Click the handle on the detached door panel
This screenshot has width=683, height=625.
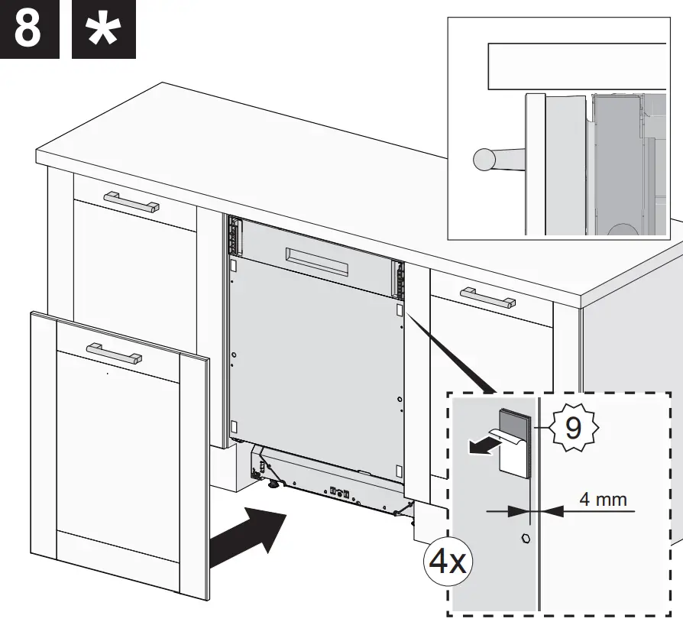pyautogui.click(x=114, y=353)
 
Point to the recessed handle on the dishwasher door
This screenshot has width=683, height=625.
pyautogui.click(x=316, y=262)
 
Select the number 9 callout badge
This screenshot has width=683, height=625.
pyautogui.click(x=572, y=427)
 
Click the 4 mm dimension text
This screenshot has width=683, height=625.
pyautogui.click(x=603, y=500)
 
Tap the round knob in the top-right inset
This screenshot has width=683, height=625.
pyautogui.click(x=485, y=159)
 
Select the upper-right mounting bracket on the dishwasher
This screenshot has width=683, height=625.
pyautogui.click(x=397, y=278)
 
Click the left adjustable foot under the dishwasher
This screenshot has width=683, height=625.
pyautogui.click(x=272, y=482)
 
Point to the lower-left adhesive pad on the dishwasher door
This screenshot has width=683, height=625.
pyautogui.click(x=235, y=425)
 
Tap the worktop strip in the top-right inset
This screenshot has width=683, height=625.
pyautogui.click(x=577, y=66)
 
